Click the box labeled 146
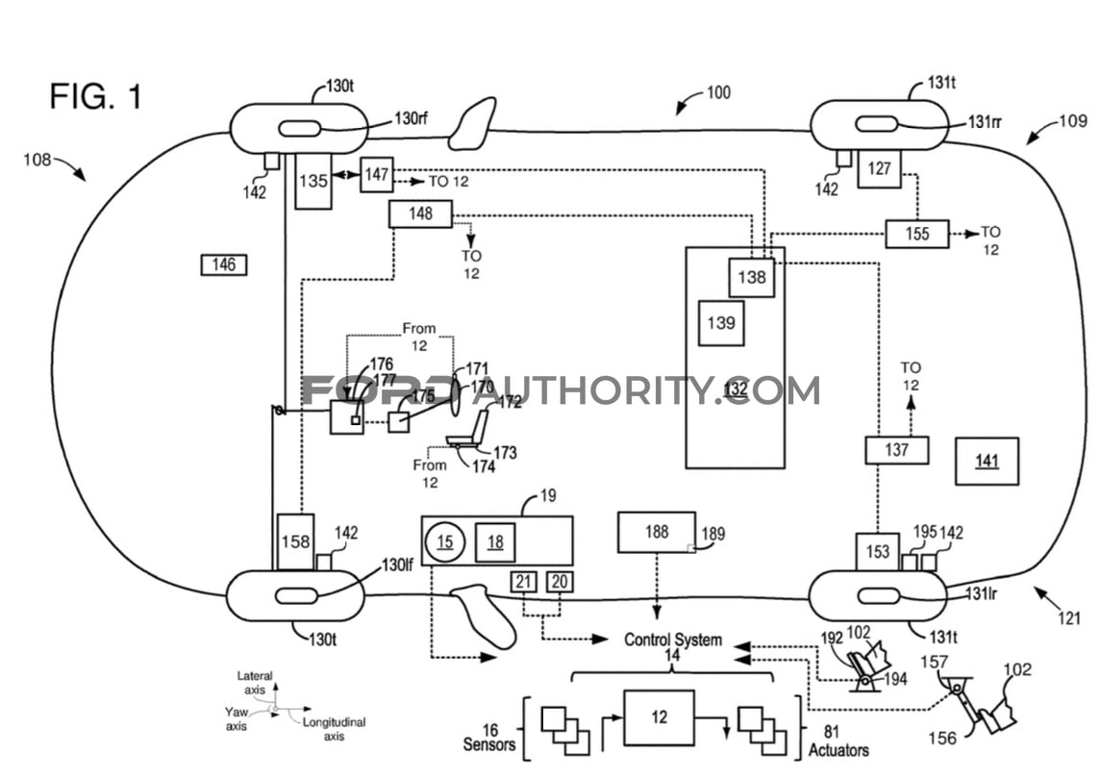224,265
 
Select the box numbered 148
420,214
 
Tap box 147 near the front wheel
377,174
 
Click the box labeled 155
916,234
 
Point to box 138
752,277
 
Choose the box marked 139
721,323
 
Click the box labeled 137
896,450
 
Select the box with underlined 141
987,461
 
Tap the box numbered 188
657,532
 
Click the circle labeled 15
445,542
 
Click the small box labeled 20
559,581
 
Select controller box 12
659,718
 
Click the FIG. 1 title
96,96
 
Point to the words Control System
672,640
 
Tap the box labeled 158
295,542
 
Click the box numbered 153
877,552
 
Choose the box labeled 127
879,168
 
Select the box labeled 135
313,180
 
